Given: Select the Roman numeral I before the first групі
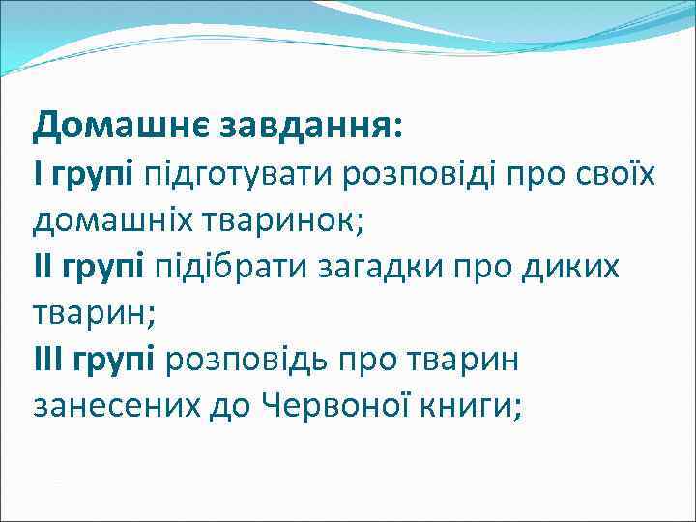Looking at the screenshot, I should coord(38,173).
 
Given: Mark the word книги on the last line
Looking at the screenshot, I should coord(476,407).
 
